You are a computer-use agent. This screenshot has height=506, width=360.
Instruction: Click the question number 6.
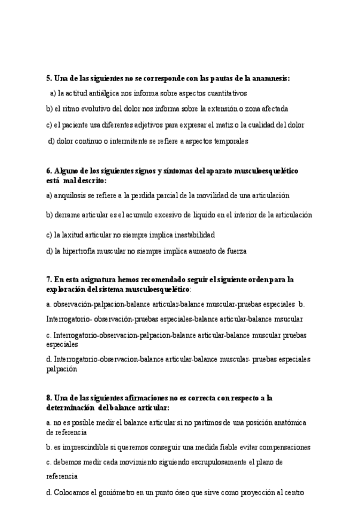point(49,171)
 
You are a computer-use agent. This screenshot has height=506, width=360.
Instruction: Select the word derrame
point(67,215)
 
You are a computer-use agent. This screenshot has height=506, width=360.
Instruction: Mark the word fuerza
point(235,251)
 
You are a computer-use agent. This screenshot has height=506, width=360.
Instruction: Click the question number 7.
point(49,279)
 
